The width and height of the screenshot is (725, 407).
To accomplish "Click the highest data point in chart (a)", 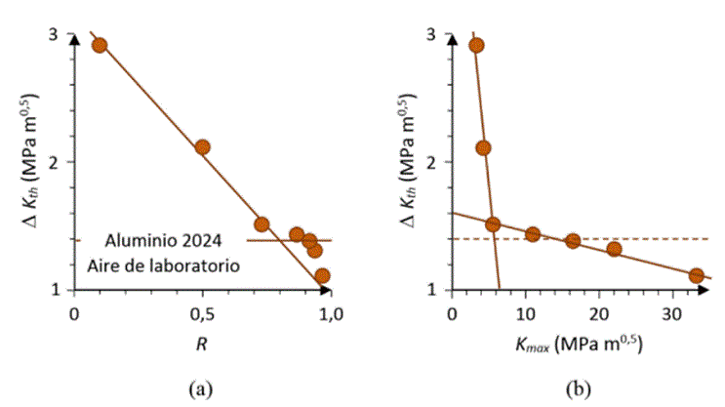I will pyautogui.click(x=99, y=46).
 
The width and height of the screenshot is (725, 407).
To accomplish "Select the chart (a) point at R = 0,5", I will pyautogui.click(x=202, y=147).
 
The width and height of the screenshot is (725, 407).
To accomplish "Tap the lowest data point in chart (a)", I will pyautogui.click(x=322, y=276).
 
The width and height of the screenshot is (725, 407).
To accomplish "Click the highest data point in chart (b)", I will pyautogui.click(x=476, y=45).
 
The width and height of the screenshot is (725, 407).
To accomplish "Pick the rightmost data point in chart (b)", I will pyautogui.click(x=696, y=275).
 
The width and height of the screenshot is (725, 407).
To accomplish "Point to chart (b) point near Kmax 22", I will pyautogui.click(x=614, y=249).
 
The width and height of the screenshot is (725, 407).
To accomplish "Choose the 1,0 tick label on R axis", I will pyautogui.click(x=332, y=313).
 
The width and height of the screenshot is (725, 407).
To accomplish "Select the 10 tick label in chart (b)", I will pyautogui.click(x=525, y=313).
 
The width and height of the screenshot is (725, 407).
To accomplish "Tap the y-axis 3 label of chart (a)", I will pyautogui.click(x=54, y=35).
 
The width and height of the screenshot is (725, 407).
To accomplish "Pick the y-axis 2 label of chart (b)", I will pyautogui.click(x=431, y=162).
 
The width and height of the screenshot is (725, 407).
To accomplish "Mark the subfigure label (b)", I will pyautogui.click(x=580, y=389).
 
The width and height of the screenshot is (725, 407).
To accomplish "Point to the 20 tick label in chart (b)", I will pyautogui.click(x=598, y=313).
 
